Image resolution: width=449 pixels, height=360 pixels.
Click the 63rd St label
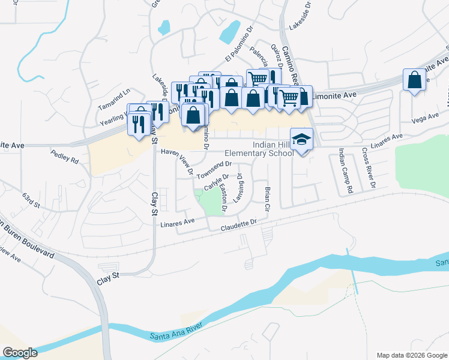tap(31, 200)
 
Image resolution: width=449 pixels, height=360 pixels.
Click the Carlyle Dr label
tap(216, 182)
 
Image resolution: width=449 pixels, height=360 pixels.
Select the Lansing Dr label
tap(239, 188)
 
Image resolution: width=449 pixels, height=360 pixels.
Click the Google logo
tap(20, 353)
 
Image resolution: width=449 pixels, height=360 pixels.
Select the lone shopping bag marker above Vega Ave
tap(415, 80)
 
